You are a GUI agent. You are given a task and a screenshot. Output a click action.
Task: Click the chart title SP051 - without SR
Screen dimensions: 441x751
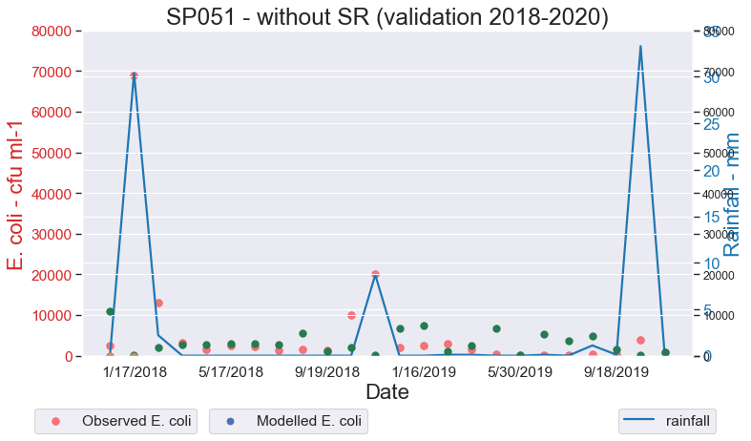coord(386,16)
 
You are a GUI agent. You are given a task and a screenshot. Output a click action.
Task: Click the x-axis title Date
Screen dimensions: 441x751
coord(386,391)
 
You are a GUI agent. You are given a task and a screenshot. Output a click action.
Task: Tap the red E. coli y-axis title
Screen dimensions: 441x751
coord(16,195)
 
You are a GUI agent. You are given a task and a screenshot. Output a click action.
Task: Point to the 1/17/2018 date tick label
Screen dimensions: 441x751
coord(135,371)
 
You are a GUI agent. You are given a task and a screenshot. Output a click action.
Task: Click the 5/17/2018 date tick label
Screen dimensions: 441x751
coord(231,371)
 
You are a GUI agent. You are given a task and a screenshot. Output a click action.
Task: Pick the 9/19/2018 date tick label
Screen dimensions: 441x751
coord(327,371)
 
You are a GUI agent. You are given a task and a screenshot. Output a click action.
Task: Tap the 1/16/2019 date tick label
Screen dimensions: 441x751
coord(424,371)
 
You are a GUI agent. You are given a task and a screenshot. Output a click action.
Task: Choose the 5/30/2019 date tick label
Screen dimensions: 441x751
coord(520,371)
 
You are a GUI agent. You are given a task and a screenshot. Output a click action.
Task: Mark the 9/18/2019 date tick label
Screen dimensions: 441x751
coord(616,371)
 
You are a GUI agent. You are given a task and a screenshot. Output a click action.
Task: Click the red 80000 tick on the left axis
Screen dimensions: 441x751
coord(48,31)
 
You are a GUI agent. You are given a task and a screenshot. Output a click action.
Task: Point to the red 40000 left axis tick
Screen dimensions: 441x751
coord(48,194)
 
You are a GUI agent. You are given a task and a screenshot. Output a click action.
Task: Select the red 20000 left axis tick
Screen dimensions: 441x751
coord(48,275)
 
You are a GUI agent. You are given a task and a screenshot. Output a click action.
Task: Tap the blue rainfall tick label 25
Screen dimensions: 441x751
coord(710,124)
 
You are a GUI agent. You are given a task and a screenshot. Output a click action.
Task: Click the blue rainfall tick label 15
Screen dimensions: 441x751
coord(710,217)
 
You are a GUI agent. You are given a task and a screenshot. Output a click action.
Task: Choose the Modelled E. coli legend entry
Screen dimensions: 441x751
coord(289,420)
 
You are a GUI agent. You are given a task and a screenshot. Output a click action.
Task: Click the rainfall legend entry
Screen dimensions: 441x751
coord(667,420)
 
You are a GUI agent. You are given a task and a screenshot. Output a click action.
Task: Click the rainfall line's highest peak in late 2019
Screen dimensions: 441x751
coord(640,46)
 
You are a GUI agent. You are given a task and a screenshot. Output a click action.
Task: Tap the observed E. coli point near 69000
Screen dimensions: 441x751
coord(134,76)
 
